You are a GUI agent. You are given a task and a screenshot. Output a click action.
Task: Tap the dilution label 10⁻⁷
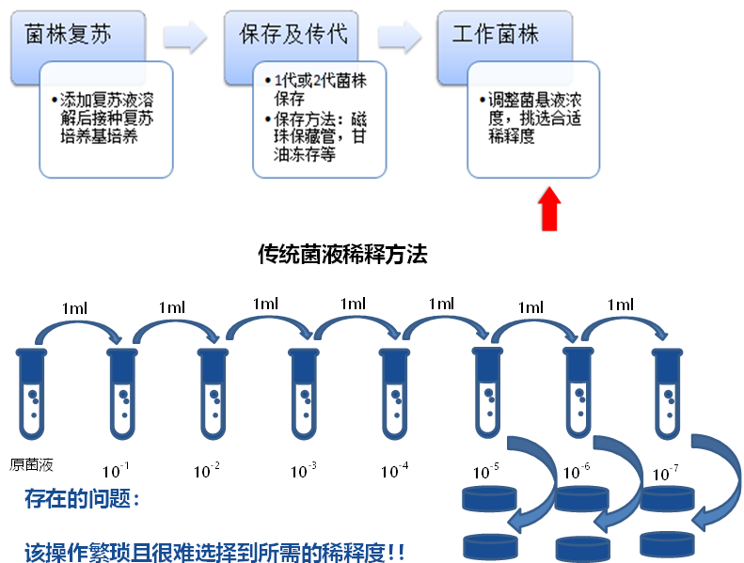pyautogui.click(x=666, y=472)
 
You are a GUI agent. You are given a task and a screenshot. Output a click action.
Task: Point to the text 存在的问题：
pyautogui.click(x=83, y=499)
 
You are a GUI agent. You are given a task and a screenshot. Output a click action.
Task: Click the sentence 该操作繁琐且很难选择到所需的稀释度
pyautogui.click(x=214, y=552)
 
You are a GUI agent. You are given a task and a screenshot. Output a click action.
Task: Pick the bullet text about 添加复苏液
pyautogui.click(x=105, y=117)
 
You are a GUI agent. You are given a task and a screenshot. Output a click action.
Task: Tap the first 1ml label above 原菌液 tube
pyautogui.click(x=77, y=307)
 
